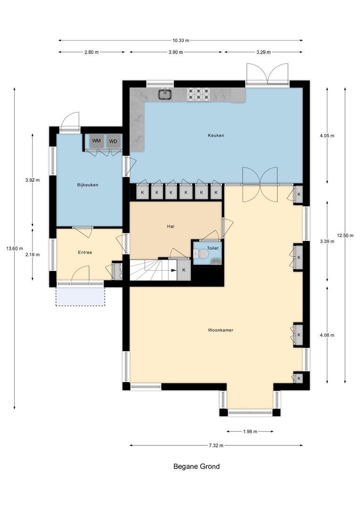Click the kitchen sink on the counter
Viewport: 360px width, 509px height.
164,94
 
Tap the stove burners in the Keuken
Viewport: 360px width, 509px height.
198,94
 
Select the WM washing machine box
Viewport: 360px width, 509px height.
97,141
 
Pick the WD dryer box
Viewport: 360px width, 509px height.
113,141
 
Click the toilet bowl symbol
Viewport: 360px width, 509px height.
203,254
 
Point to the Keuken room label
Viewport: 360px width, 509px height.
216,135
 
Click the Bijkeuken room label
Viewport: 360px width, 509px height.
88,185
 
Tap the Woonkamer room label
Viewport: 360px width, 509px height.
221,330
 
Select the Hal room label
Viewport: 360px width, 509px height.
171,226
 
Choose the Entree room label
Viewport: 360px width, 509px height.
85,252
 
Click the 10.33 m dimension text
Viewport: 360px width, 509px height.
180,41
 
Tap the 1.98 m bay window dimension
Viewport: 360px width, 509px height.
250,431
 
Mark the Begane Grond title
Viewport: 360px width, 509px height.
196,467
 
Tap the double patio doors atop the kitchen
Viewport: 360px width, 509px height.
267,74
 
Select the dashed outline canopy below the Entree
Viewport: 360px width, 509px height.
80,296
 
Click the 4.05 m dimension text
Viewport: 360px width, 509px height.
327,136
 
